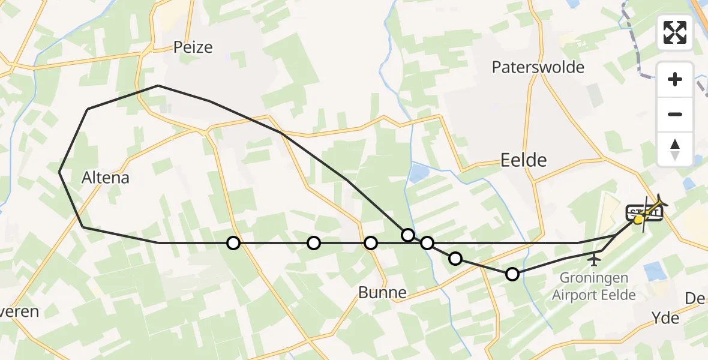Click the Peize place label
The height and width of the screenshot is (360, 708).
[x=193, y=47]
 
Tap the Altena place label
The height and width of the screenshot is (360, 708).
[x=106, y=178]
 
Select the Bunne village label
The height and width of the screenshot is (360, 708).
[x=382, y=293]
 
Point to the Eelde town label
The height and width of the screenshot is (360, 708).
[x=524, y=160]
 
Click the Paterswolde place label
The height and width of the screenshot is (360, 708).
[x=538, y=67]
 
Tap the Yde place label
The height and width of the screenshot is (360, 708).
[x=666, y=317]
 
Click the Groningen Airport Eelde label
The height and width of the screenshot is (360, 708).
[x=593, y=286]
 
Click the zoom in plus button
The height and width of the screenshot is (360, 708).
[x=675, y=80]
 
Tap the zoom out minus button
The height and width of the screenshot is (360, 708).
[x=675, y=114]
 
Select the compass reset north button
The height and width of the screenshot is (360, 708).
[x=675, y=149]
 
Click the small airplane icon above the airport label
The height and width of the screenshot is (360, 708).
[x=594, y=260]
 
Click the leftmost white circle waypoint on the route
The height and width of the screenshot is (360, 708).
[x=233, y=243]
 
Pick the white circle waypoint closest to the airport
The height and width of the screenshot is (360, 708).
[x=512, y=274]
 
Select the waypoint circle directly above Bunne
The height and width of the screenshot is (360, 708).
[x=371, y=243]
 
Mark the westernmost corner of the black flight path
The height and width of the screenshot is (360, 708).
[x=60, y=172]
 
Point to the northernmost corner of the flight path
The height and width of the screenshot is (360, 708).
[x=158, y=86]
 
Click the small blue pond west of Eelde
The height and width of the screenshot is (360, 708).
[x=418, y=174]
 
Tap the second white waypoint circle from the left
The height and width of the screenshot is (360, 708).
[x=314, y=243]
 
